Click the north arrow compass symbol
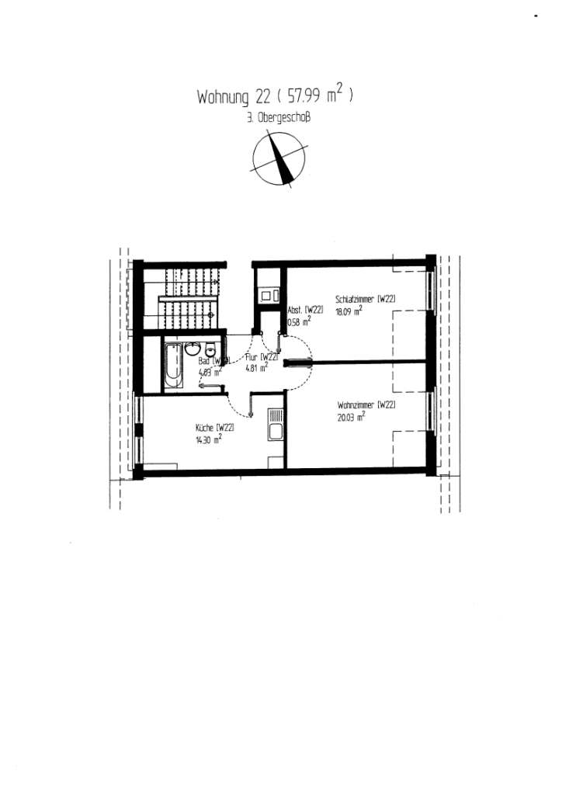tap(279, 158)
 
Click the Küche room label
tap(215, 427)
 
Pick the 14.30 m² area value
tap(210, 438)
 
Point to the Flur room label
tap(256, 358)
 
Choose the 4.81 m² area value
tap(257, 368)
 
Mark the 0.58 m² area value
tap(299, 319)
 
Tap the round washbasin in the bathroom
tap(192, 347)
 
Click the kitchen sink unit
tap(276, 425)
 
